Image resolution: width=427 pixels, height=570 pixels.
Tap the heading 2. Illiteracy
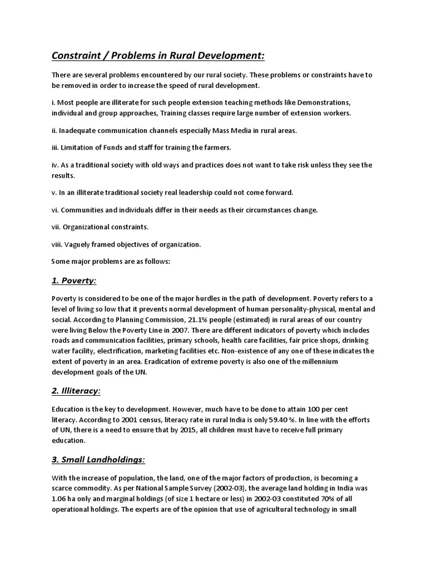76,391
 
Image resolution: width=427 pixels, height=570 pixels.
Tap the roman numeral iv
55,165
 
